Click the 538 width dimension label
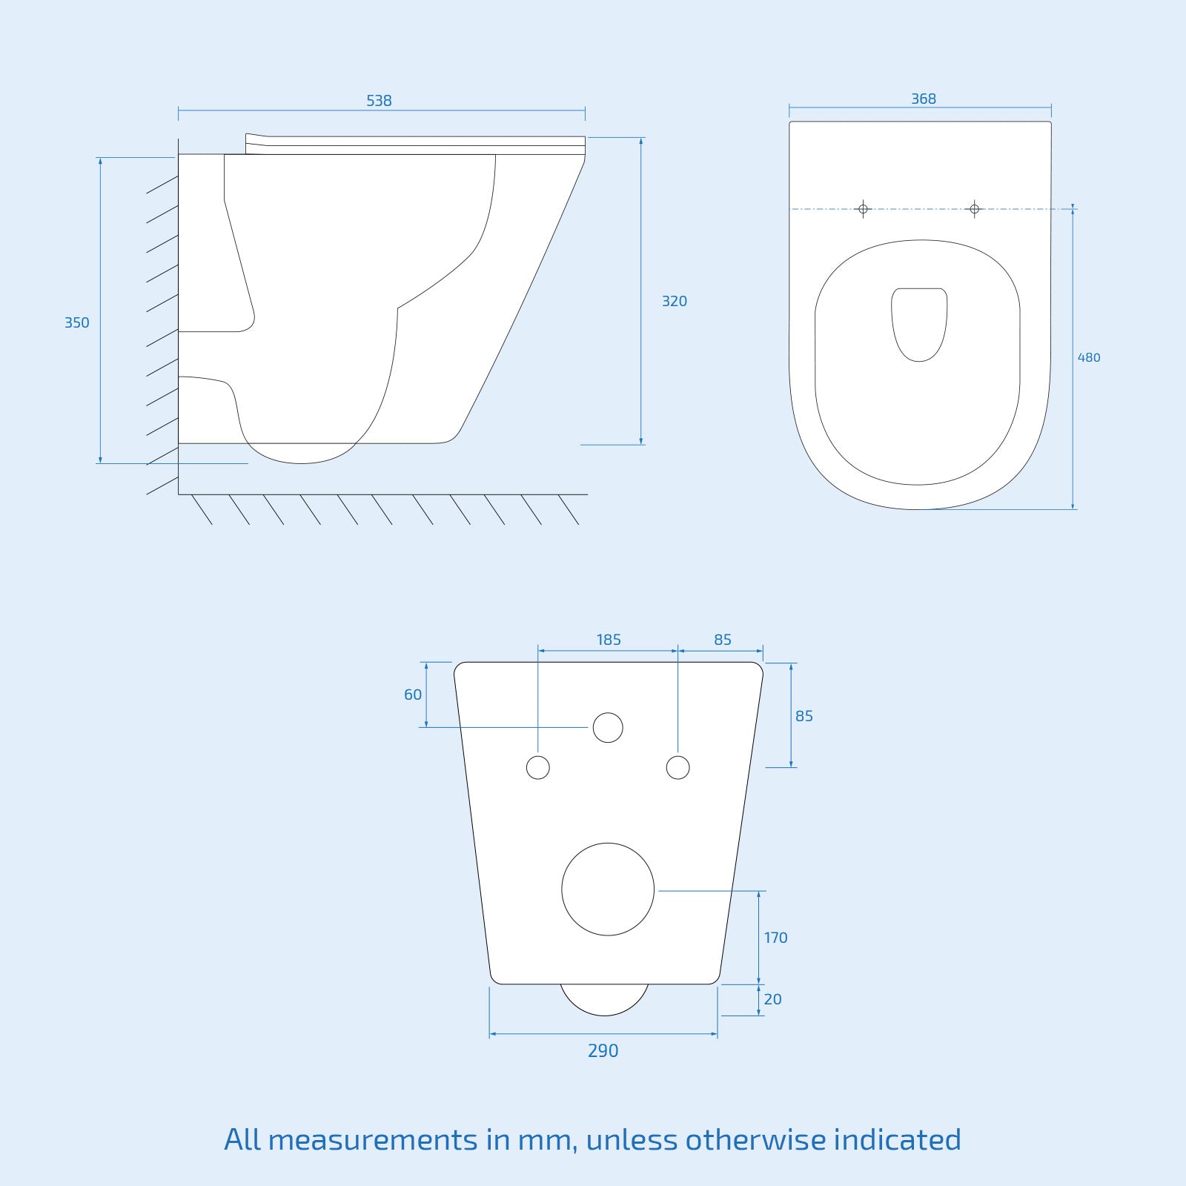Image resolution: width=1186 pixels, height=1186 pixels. tap(379, 100)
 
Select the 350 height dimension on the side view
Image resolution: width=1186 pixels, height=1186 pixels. tap(76, 322)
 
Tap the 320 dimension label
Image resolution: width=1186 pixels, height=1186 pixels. tap(674, 301)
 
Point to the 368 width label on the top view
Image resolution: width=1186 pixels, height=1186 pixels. tap(923, 99)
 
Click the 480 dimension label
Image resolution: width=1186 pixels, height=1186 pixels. tap(1088, 357)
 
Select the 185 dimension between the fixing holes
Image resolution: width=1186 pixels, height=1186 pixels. tap(609, 639)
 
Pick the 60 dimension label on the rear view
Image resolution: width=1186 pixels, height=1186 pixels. tap(413, 695)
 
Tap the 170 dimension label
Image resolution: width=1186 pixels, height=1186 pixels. tap(775, 938)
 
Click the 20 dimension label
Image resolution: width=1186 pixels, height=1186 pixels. tap(772, 999)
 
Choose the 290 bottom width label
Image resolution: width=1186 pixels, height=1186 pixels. tap(603, 1050)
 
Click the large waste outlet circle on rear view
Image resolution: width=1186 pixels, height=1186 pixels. tap(608, 889)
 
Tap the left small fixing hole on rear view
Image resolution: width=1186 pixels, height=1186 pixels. tap(538, 767)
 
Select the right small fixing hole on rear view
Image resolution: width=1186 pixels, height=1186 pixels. tap(678, 767)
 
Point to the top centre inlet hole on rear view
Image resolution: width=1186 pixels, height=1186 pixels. tap(608, 728)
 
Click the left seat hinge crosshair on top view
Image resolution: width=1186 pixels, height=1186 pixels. tap(863, 209)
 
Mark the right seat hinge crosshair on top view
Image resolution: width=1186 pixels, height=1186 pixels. tap(974, 209)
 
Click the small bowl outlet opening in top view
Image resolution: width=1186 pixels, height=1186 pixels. tap(919, 323)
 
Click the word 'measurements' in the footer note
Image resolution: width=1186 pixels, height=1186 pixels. tap(372, 1139)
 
